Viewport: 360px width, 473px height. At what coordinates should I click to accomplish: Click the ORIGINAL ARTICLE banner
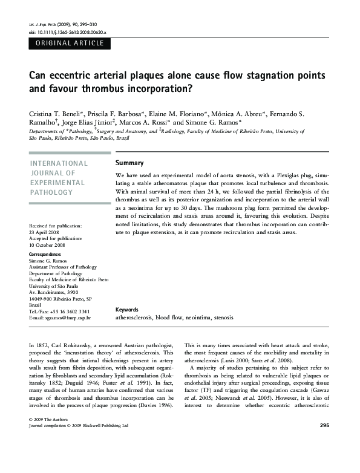69,44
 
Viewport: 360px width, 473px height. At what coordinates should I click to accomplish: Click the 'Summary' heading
129,163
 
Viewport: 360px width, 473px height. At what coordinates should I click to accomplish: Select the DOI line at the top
67,31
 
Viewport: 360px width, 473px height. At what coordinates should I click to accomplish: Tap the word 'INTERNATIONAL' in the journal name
59,163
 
